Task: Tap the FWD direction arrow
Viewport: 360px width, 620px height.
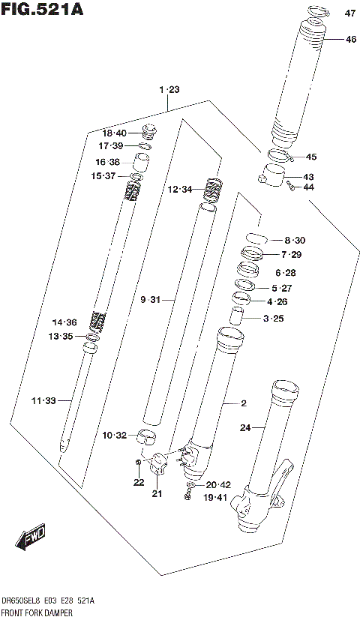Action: [30, 537]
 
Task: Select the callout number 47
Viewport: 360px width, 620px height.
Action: [350, 13]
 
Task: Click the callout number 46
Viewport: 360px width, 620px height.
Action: [350, 39]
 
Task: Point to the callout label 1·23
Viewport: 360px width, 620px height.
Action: [169, 90]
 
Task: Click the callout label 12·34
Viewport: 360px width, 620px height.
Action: [180, 190]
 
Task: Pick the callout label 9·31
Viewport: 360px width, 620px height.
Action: [151, 300]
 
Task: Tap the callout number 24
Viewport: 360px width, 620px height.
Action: [244, 428]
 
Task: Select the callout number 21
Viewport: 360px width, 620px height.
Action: [156, 493]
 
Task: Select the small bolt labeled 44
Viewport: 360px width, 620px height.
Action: [290, 187]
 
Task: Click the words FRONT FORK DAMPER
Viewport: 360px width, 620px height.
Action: [41, 613]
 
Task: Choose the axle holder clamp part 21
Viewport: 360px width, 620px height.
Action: [158, 465]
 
